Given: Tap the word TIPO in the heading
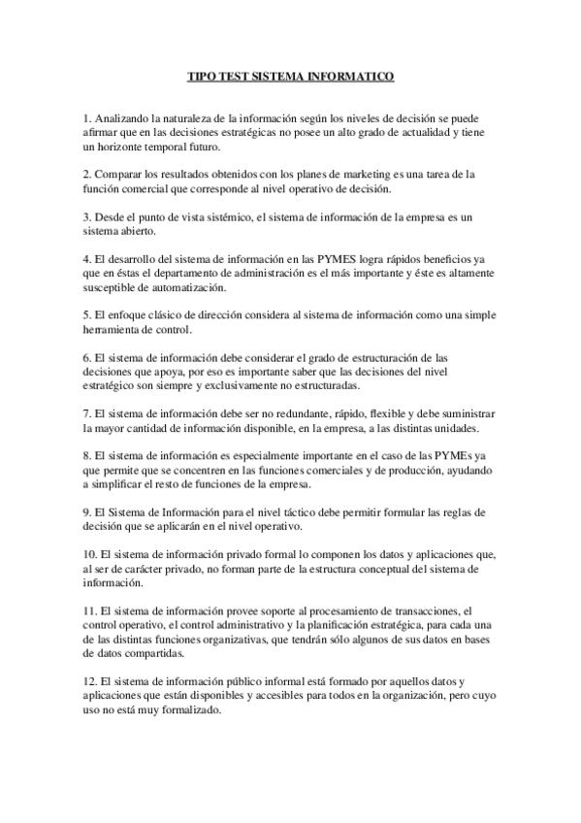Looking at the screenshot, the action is click(202, 74).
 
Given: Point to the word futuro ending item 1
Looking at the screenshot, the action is click(203, 147).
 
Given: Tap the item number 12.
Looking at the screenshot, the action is click(89, 682).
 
